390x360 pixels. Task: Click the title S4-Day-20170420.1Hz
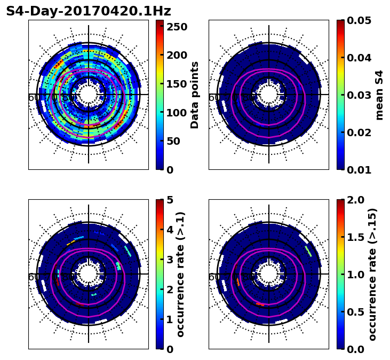coord(89,11)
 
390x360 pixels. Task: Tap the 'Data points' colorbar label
coord(195,95)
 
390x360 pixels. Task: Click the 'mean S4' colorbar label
coord(379,95)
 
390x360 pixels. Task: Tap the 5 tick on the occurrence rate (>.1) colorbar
coord(170,200)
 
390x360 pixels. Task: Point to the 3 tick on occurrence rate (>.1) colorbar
coord(170,260)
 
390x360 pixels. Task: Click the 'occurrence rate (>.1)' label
coord(180,275)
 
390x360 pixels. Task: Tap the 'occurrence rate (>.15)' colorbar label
coord(372,275)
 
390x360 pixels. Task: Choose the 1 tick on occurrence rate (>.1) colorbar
coord(170,319)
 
